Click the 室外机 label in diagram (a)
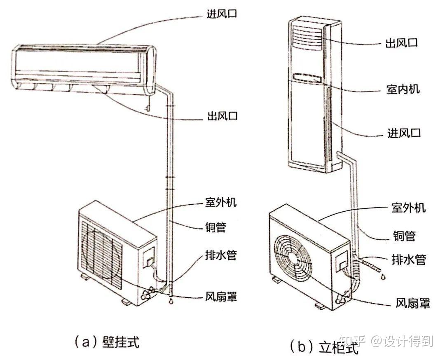[x=221, y=203]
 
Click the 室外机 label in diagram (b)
[x=408, y=208]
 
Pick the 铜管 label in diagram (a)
[x=215, y=227]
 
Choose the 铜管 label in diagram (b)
[x=404, y=236]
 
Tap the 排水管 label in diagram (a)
[x=221, y=255]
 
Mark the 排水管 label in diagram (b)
[x=408, y=259]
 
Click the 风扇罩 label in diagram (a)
[x=221, y=297]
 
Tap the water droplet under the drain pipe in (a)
[x=169, y=301]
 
